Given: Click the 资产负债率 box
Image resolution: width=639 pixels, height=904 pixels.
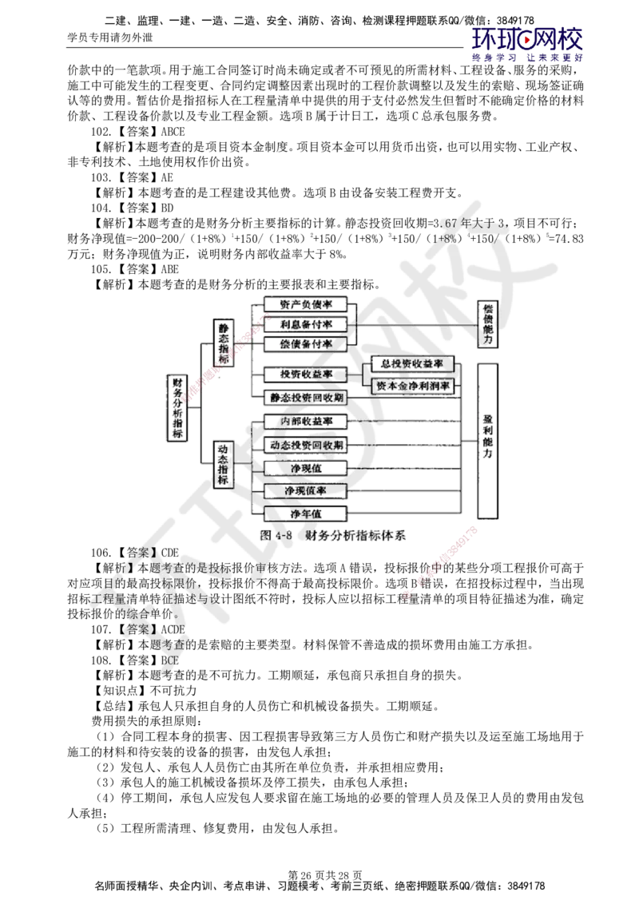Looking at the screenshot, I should (x=306, y=304).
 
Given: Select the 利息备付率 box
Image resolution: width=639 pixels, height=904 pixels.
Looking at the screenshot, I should (x=306, y=323).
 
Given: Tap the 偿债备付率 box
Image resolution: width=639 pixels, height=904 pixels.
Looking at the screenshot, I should (x=306, y=343).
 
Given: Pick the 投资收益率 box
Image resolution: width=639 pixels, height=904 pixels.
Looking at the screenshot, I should (x=306, y=375).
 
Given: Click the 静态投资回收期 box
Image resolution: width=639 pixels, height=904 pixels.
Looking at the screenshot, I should (x=306, y=397).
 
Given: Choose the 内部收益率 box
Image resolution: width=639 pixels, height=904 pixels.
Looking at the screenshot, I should (x=306, y=421).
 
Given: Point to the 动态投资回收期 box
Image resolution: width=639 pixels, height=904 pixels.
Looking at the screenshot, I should (x=306, y=444).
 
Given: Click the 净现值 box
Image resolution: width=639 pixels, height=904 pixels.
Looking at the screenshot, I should (x=306, y=467).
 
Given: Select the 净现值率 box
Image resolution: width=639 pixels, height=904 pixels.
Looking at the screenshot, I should (x=306, y=490).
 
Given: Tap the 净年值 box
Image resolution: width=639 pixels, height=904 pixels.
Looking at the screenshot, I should (x=306, y=513).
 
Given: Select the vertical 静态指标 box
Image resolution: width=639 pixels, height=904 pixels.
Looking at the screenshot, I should (x=224, y=343).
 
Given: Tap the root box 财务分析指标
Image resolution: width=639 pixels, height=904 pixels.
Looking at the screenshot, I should (x=177, y=407).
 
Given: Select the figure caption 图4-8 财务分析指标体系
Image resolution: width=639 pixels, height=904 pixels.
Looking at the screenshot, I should (x=333, y=536).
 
